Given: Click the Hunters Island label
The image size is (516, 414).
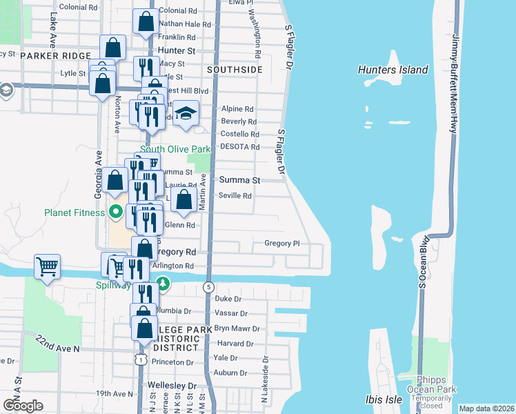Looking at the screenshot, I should click(x=393, y=70).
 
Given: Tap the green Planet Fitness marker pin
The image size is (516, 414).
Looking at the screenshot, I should click(x=116, y=212).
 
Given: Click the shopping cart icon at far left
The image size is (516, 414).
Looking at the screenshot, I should click(x=47, y=266).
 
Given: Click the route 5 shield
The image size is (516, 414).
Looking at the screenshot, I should click(x=208, y=286).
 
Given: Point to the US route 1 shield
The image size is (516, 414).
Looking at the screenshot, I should click(x=140, y=359).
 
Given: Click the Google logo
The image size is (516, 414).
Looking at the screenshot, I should click(x=23, y=406).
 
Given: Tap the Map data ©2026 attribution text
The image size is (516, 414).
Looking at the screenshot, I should click(x=486, y=408).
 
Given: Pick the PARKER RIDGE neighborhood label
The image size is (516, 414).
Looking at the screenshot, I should click(x=56, y=55).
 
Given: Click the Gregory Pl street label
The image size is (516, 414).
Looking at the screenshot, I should click(x=281, y=243).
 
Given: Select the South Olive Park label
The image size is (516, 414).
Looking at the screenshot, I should click(x=175, y=149).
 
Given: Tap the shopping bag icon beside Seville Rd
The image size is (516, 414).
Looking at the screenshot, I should click(x=183, y=201).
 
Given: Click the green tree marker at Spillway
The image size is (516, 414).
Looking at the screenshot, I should click(x=163, y=283).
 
